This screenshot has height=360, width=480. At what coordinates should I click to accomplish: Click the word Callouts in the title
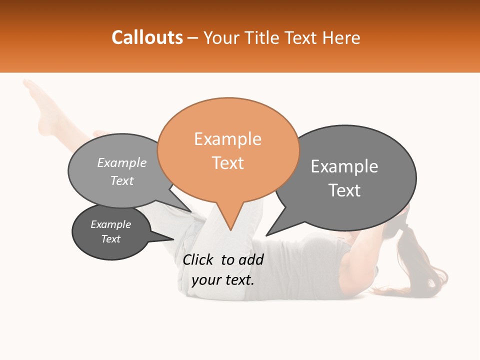tap(147, 37)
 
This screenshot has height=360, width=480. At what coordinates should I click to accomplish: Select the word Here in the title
tap(341, 37)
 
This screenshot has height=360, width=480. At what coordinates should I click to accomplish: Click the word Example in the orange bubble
tap(227, 139)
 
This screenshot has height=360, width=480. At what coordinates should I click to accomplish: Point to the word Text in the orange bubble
tap(227, 163)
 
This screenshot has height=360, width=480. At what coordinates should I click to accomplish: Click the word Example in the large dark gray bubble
tap(344, 166)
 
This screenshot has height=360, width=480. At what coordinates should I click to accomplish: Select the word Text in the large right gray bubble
tap(344, 190)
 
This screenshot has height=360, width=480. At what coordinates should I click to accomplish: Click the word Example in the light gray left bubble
tap(121, 163)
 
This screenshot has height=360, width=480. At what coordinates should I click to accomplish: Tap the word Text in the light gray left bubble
tap(121, 181)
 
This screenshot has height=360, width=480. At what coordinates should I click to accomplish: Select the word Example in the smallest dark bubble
tap(110, 224)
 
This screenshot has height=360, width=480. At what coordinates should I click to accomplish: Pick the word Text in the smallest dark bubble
tap(110, 239)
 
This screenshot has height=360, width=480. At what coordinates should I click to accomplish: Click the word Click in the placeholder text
tap(198, 259)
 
